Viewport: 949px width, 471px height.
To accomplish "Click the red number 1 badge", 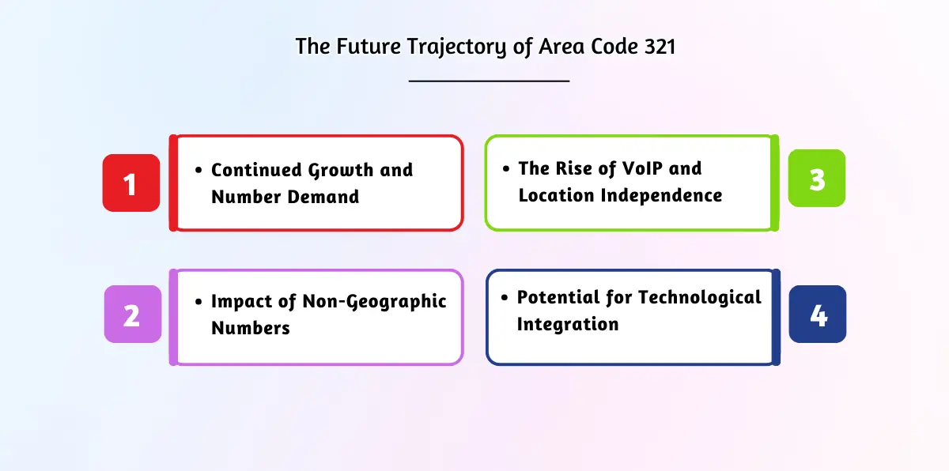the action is (x=131, y=183).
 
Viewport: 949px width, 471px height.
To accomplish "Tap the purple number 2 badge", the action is (x=133, y=314).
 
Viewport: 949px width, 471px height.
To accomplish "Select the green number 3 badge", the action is (x=817, y=178).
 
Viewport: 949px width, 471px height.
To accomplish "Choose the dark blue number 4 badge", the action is (x=818, y=314).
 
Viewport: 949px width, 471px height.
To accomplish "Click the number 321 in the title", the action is (x=660, y=46).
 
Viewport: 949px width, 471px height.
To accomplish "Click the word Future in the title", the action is (x=369, y=46).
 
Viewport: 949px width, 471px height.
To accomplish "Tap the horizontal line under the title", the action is (x=489, y=81).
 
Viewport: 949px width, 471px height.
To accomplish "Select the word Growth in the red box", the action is (x=341, y=171).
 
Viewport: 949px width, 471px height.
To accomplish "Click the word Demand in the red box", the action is (x=323, y=197).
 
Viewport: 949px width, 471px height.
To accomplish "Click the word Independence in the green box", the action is (x=661, y=195).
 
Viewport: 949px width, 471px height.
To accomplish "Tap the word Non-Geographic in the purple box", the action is (x=374, y=302).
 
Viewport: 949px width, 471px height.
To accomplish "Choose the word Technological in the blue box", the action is (x=699, y=298).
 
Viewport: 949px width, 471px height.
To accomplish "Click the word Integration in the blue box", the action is (x=568, y=325).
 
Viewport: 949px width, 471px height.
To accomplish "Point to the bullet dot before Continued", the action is (x=198, y=170).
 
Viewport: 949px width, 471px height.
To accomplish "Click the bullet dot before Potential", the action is (x=505, y=297).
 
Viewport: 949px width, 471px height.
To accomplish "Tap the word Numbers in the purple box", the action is (x=251, y=328).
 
